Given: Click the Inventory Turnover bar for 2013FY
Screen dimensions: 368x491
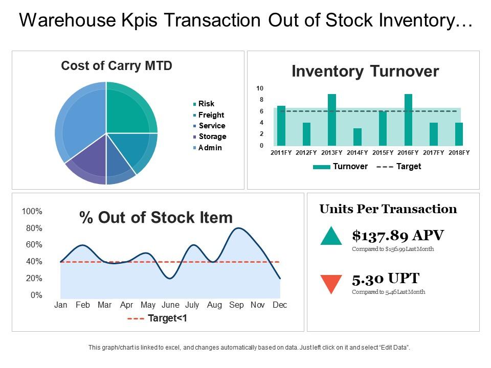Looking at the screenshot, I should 331,120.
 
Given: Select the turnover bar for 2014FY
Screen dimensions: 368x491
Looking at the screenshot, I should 358,137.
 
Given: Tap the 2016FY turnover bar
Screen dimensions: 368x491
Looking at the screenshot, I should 408,120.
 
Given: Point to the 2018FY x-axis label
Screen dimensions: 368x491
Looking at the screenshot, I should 459,153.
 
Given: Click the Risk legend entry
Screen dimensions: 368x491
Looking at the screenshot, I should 206,104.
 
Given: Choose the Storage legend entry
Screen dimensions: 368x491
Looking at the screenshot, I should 212,136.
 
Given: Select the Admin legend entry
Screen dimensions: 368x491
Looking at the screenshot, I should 210,148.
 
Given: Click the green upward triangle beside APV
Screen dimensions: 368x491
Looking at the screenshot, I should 331,236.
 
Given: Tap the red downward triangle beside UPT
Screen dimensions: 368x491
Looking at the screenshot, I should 331,284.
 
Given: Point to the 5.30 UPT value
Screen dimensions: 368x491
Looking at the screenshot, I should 386,279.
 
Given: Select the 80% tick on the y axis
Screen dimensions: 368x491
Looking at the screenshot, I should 32,228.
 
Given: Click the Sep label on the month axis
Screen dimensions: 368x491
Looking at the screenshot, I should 236,305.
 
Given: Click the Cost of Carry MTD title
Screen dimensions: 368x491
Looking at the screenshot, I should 117,66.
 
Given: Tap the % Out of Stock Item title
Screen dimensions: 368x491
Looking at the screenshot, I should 156,218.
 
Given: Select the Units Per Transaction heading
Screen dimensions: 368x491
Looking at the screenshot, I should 388,209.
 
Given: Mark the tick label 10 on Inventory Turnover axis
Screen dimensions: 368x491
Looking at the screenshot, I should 260,88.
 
